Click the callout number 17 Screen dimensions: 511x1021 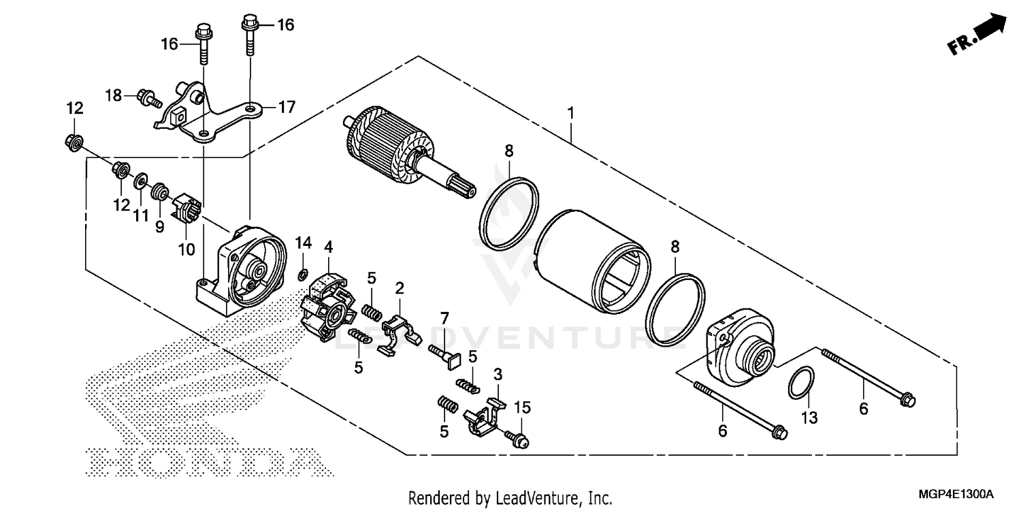pos(287,107)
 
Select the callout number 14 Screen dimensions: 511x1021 pos(303,243)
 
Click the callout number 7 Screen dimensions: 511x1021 pos(444,318)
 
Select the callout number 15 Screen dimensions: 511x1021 pos(521,408)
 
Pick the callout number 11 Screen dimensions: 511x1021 pos(141,216)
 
